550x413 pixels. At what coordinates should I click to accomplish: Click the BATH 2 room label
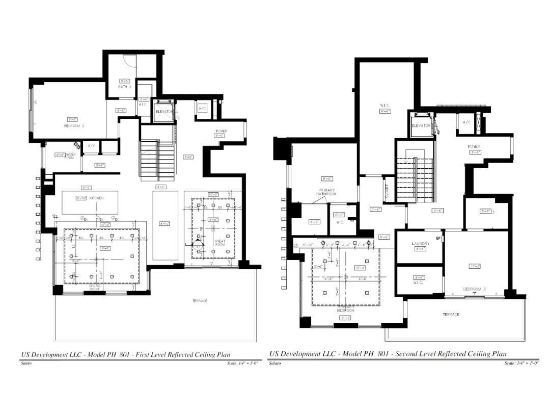(x=125, y=87)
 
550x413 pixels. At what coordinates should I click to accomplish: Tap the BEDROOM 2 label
(x=74, y=125)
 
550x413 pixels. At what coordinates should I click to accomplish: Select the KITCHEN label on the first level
(x=97, y=198)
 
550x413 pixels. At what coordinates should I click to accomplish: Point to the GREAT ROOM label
(x=220, y=243)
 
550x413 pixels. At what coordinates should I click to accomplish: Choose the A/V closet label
(x=92, y=146)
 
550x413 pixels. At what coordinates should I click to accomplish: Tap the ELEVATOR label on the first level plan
(x=164, y=111)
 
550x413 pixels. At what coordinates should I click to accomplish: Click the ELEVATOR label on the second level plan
(x=421, y=125)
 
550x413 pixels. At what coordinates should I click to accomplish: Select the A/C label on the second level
(x=467, y=122)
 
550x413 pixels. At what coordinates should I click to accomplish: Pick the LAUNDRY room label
(x=421, y=244)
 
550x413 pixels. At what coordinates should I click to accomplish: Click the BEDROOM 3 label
(x=474, y=289)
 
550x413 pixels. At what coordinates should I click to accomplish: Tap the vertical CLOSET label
(x=387, y=192)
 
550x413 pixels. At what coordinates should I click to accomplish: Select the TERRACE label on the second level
(x=450, y=315)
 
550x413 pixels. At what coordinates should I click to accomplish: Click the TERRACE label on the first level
(x=200, y=301)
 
